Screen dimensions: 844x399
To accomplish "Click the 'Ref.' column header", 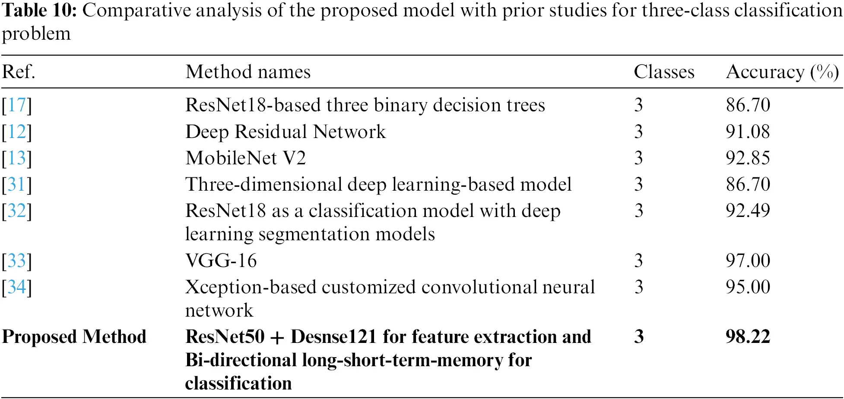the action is [19, 72].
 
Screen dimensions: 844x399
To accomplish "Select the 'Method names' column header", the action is [248, 72].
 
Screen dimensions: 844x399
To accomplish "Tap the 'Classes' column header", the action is [664, 72].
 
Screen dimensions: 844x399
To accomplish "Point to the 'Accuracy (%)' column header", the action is [782, 72].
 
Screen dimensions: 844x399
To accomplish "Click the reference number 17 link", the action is [17, 105].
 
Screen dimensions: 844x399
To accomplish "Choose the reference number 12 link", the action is [17, 132].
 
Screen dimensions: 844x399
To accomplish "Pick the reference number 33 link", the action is [17, 261].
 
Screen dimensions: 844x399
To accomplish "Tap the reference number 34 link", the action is [17, 287].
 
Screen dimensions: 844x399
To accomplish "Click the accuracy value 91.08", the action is [748, 132].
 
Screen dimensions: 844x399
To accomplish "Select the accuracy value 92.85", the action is [748, 158].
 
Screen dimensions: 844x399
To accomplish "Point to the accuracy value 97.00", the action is [748, 261].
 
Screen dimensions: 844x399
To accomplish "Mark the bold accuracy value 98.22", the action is [748, 336].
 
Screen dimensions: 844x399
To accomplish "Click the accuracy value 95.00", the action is [748, 287].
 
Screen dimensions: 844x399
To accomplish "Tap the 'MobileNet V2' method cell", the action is [246, 158].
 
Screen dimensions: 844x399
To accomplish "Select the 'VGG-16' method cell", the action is [221, 261].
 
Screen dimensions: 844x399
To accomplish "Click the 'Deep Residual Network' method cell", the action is [286, 132].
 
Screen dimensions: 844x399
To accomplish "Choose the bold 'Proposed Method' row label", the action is [74, 337].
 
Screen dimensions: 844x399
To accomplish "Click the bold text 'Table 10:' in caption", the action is [39, 10].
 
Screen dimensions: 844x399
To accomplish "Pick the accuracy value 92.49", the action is [748, 210].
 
